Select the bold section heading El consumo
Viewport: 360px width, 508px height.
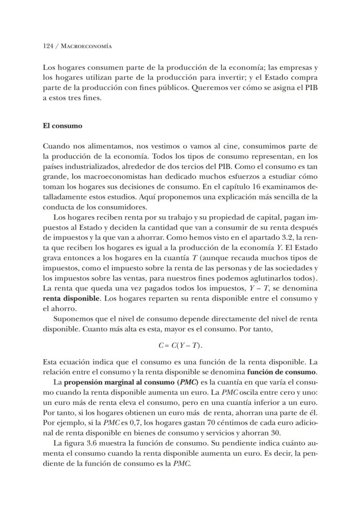pyautogui.click(x=62, y=126)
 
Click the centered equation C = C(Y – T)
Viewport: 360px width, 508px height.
pyautogui.click(x=180, y=346)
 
